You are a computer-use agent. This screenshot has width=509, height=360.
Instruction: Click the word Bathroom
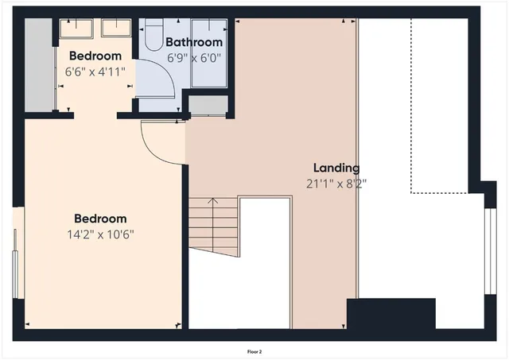(x=193, y=42)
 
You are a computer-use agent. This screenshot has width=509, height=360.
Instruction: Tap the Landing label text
(x=336, y=168)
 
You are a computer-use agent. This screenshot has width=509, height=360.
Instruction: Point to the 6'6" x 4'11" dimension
(x=95, y=71)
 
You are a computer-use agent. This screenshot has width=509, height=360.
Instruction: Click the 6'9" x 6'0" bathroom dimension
(x=193, y=57)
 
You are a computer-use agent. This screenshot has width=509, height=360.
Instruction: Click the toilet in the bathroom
(x=152, y=36)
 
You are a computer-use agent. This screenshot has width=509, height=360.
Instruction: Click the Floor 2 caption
(x=254, y=350)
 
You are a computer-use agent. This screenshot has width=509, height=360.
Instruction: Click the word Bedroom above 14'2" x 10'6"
(x=100, y=219)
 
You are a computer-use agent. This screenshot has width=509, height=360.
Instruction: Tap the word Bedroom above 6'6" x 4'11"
(x=95, y=56)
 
